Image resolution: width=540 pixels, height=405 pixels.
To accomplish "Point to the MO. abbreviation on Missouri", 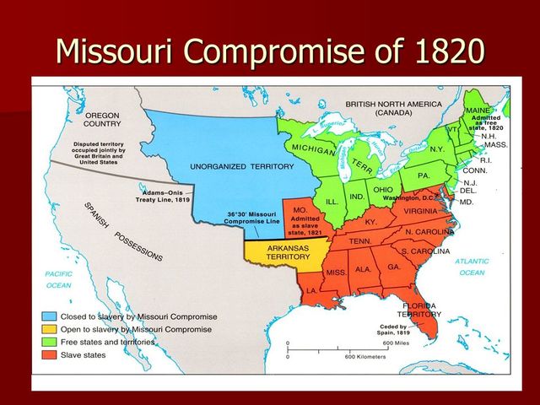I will coord(300,208).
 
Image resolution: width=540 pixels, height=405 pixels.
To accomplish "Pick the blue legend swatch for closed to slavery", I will coord(50,316).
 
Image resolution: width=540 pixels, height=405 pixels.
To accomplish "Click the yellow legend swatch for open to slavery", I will coord(50,329).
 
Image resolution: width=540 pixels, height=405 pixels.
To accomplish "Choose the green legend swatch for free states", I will coord(50,342).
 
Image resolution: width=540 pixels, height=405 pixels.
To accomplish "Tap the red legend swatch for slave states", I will coord(50,354).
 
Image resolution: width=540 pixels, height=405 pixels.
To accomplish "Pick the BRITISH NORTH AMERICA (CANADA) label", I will coord(393,108).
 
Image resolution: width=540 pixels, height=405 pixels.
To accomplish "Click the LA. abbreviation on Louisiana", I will coord(312,289).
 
